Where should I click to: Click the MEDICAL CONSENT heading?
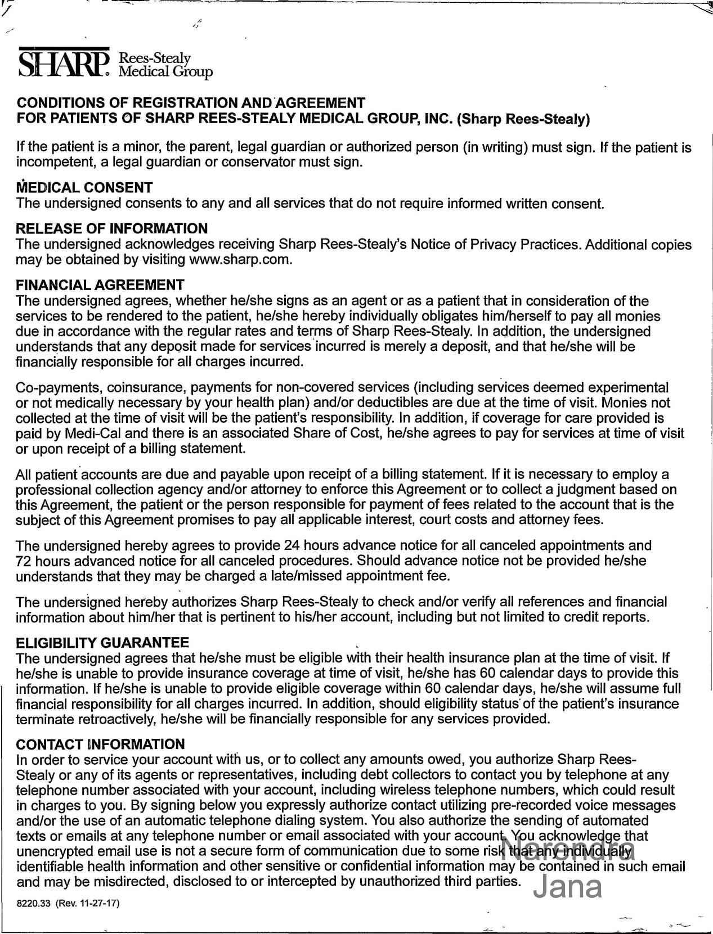(x=84, y=187)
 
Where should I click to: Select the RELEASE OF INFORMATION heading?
(x=112, y=229)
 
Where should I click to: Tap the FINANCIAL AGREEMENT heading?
(x=100, y=285)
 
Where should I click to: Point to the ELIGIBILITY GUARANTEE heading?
(x=102, y=643)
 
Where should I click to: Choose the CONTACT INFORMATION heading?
(x=101, y=745)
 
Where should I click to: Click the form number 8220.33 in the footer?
(x=34, y=904)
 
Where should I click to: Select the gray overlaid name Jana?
(x=567, y=887)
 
